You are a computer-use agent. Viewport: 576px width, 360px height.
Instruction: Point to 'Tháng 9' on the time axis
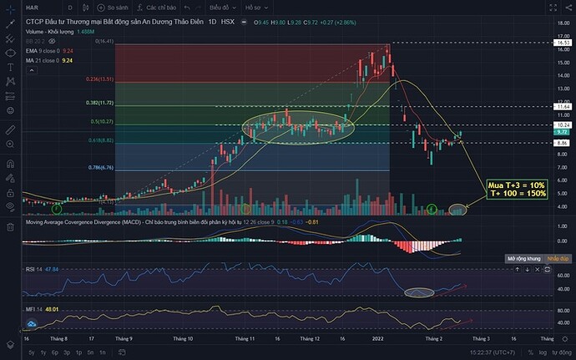point(124,340)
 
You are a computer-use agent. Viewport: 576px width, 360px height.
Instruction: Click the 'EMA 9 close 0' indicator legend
point(39,50)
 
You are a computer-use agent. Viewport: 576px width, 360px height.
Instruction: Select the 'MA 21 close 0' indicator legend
point(39,59)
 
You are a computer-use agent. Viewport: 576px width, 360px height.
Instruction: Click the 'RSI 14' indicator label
point(33,271)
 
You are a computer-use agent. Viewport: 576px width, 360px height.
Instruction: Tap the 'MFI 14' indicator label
point(33,311)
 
